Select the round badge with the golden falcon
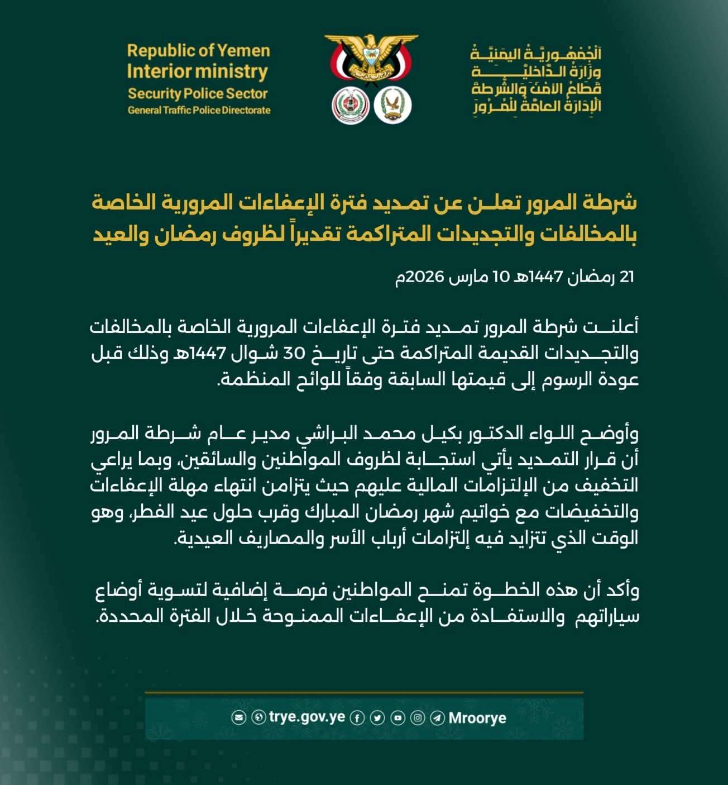tap(393, 106)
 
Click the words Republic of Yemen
tap(198, 51)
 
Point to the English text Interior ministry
tap(198, 72)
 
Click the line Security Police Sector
tap(198, 93)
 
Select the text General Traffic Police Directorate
tap(199, 110)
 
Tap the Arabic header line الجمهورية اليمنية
tap(536, 54)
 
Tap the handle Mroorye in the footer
tap(477, 718)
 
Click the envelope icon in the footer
tap(238, 717)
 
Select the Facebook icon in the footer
tap(357, 718)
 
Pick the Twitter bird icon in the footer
tap(377, 718)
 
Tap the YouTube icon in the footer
tap(397, 718)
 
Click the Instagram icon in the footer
tap(418, 718)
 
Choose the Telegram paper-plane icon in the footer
tap(438, 718)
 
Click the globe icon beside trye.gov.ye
tap(258, 717)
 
